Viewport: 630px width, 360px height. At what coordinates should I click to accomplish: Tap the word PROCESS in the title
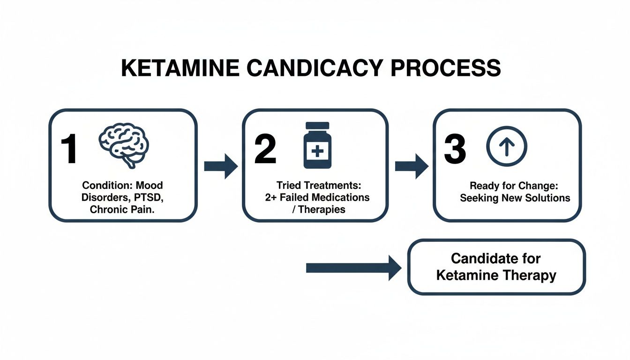pyautogui.click(x=446, y=69)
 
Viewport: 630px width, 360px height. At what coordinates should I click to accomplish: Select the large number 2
pyautogui.click(x=265, y=150)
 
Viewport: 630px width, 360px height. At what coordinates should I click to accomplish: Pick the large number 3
pyautogui.click(x=455, y=150)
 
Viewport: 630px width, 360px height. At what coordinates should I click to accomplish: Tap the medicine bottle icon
pyautogui.click(x=317, y=145)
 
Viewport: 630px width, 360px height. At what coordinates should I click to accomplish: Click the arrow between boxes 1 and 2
pyautogui.click(x=221, y=166)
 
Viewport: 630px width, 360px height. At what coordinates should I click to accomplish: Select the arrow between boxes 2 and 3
pyautogui.click(x=411, y=166)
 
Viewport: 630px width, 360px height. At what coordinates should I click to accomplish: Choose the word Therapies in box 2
pyautogui.click(x=322, y=210)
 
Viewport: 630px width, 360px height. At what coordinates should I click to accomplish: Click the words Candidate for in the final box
pyautogui.click(x=496, y=258)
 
